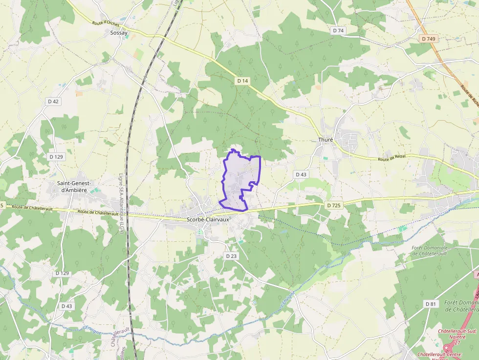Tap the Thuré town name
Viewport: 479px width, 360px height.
[325, 140]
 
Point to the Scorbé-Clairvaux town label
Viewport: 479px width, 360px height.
[208, 219]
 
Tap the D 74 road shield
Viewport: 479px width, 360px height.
[338, 30]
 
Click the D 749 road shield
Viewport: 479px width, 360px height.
[428, 38]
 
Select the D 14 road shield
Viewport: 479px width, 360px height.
[242, 81]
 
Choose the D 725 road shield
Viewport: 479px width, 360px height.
[333, 205]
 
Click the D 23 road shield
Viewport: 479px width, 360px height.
[231, 256]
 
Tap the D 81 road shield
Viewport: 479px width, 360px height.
[430, 304]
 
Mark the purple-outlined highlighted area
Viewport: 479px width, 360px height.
[240, 181]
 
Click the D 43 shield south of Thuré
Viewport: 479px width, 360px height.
[301, 174]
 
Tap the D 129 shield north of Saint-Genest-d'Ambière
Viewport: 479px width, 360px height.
[56, 157]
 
